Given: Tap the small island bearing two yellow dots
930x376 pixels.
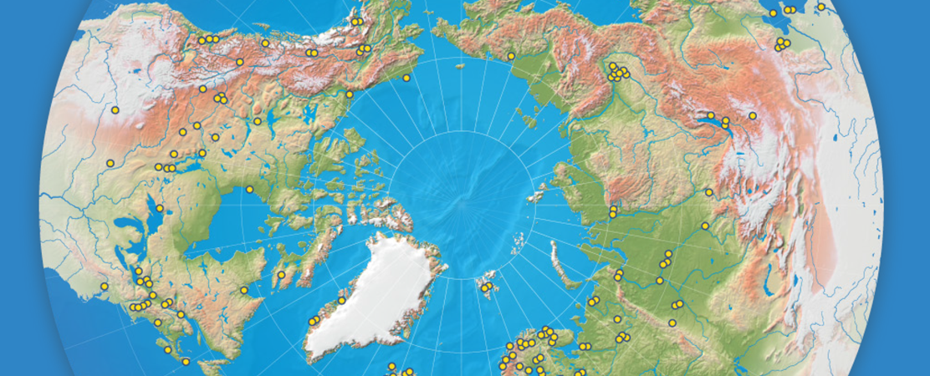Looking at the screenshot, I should point(485,287).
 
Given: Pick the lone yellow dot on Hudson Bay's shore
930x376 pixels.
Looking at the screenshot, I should point(249,190).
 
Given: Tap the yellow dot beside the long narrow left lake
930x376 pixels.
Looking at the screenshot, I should point(159,208).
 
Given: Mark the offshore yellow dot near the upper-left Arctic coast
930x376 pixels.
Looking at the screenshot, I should point(406,78).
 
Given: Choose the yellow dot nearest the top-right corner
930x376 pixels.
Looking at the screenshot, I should point(821,7).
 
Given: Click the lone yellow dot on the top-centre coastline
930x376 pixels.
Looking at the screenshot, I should point(510,56).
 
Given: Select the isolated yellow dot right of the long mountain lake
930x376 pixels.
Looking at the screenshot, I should point(753,115).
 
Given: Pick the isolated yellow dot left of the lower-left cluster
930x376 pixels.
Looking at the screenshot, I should point(104,286).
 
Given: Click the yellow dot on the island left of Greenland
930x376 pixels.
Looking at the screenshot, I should point(282,274).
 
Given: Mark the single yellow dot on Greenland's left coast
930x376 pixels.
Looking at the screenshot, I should point(341,300).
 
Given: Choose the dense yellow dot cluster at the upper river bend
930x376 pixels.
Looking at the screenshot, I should point(617,73).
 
